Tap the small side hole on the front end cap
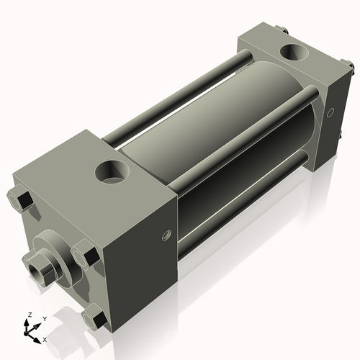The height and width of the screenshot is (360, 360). point(167,235)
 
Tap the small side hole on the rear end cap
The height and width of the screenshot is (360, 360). point(330,112)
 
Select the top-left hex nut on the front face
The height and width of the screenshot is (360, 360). point(20,200)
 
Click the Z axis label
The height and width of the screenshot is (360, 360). point(30,315)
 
